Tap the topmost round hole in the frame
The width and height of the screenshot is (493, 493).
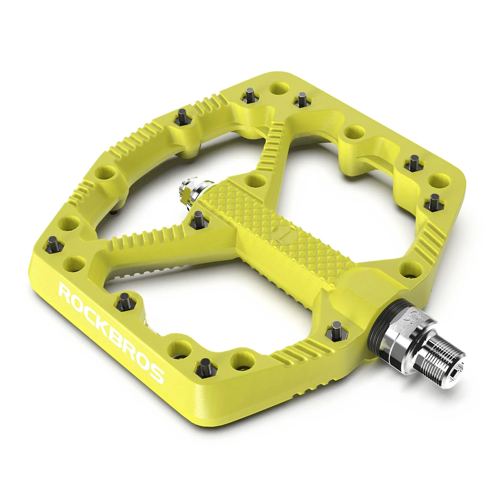(x=280, y=88)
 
